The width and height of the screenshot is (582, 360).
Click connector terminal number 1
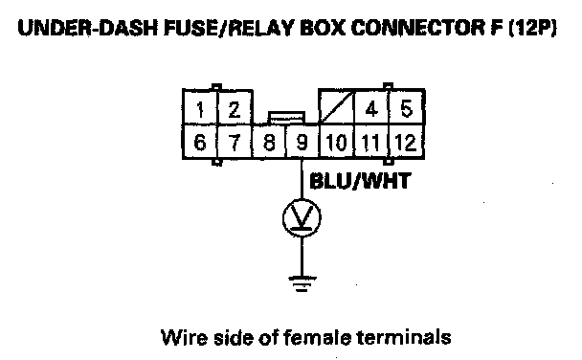click(200, 107)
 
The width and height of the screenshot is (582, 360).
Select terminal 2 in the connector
click(235, 107)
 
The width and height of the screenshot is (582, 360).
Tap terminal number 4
click(371, 107)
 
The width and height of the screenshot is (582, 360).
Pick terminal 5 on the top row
click(407, 107)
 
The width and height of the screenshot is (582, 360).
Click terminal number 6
click(200, 142)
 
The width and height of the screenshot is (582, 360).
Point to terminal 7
click(235, 142)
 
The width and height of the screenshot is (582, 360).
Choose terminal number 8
click(269, 142)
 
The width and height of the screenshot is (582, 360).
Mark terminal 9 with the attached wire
click(302, 142)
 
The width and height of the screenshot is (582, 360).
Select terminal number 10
click(337, 142)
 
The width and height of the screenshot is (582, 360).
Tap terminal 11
click(371, 142)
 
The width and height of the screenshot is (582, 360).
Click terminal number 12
click(406, 142)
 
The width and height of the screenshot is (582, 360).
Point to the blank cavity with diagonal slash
click(337, 107)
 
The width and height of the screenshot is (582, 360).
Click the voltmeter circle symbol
click(302, 217)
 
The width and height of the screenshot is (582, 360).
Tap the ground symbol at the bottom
click(302, 284)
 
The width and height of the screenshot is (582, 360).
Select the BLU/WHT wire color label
click(360, 181)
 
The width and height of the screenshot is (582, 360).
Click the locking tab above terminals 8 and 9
click(286, 117)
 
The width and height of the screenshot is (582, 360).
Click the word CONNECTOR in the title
click(417, 28)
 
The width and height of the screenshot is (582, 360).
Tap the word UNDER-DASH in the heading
click(88, 28)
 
